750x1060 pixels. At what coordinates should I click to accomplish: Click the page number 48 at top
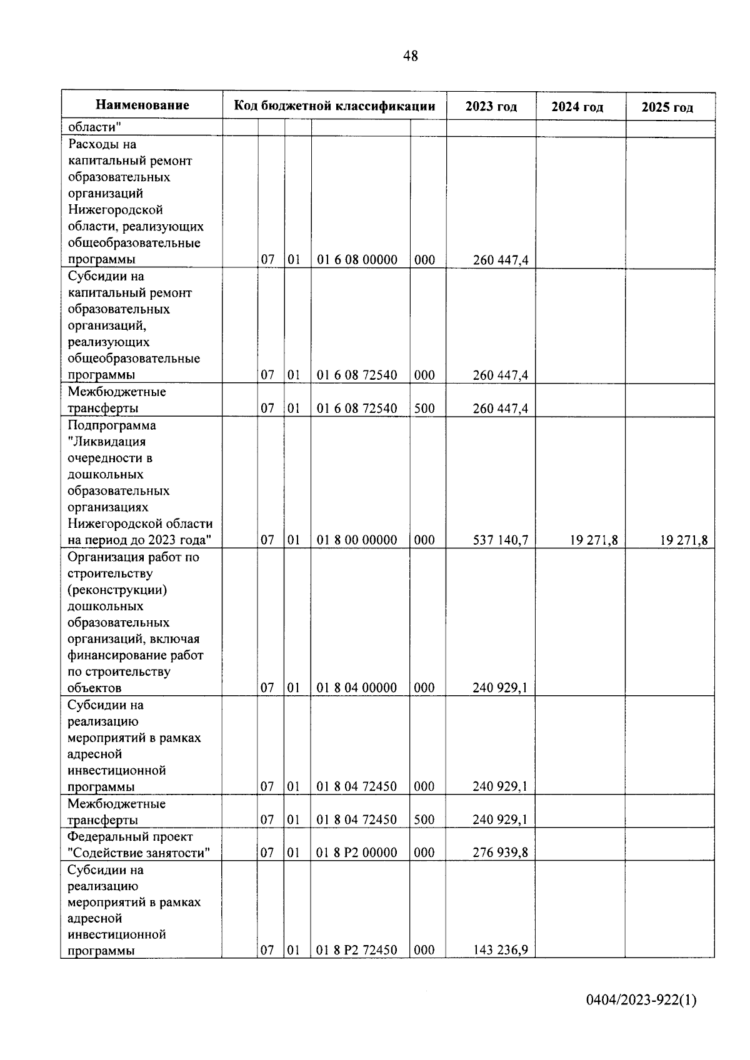click(411, 56)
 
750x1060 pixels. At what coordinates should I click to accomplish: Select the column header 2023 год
click(491, 107)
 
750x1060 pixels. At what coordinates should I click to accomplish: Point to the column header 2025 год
click(667, 107)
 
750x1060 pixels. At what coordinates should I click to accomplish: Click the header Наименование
click(142, 105)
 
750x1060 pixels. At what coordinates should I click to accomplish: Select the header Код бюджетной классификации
click(334, 106)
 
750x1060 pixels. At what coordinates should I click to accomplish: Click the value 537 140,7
click(500, 540)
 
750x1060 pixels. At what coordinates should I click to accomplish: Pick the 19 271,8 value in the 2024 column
click(593, 540)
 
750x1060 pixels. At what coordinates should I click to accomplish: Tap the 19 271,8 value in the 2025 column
click(683, 540)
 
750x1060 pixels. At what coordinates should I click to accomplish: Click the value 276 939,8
click(500, 853)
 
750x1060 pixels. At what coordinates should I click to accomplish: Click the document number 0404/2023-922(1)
click(641, 1000)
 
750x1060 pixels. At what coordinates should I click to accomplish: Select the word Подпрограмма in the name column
click(112, 425)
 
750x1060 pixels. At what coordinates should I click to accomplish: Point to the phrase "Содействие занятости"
click(138, 853)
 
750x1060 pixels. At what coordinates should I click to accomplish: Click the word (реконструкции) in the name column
click(117, 590)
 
